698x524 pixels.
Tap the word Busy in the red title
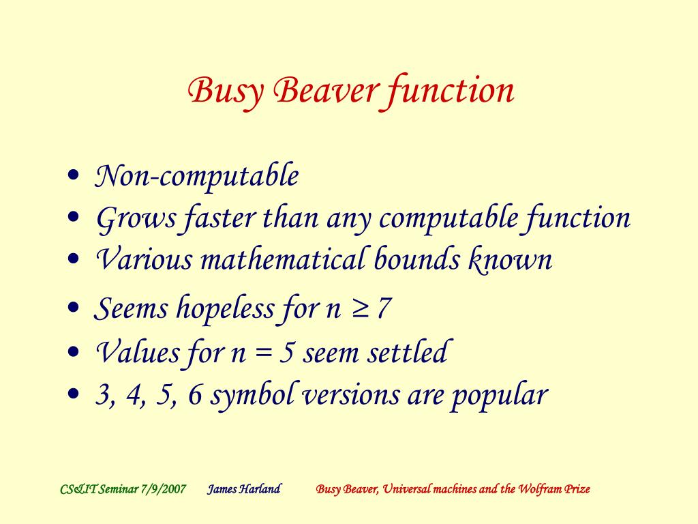(x=226, y=92)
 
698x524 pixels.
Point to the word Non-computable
(x=196, y=177)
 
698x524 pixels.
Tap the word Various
(x=143, y=260)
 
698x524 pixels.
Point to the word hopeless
(x=225, y=309)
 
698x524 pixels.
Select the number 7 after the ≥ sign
(x=384, y=309)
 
